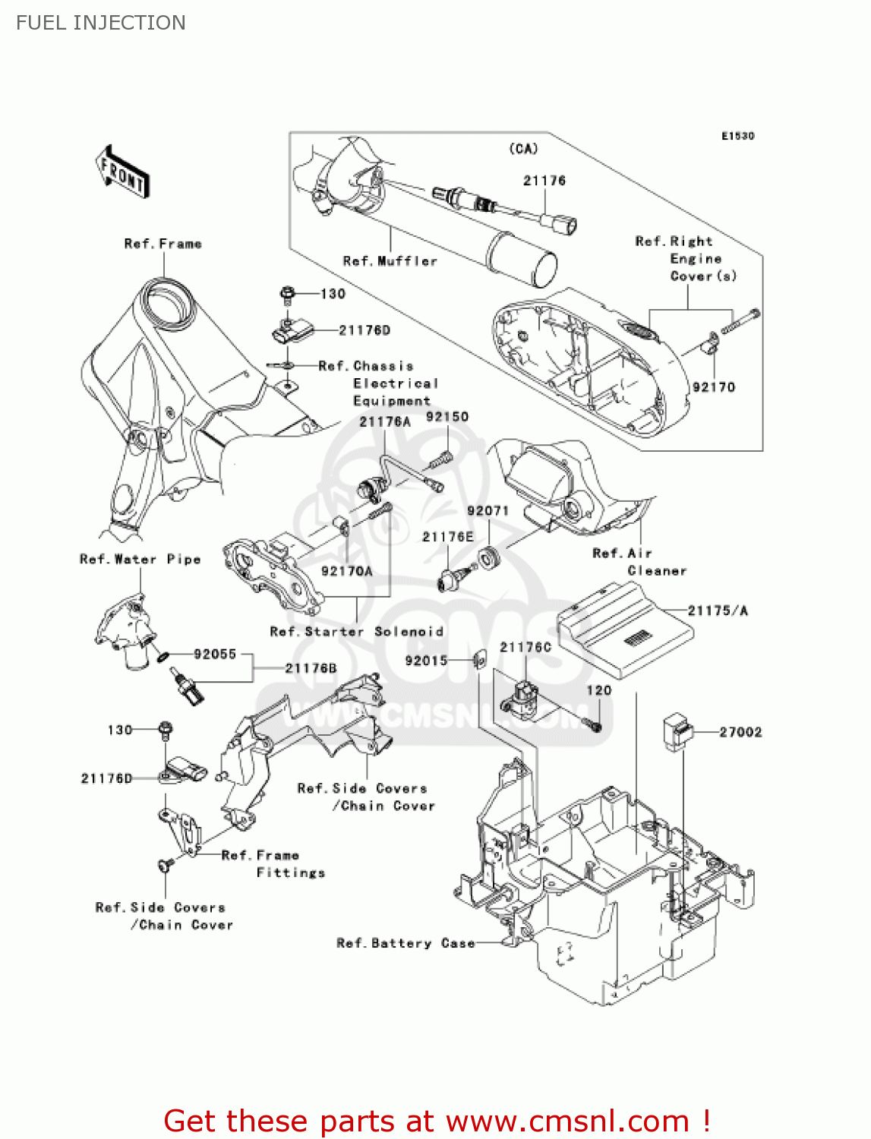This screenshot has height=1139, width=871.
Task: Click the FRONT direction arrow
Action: pyautogui.click(x=122, y=172)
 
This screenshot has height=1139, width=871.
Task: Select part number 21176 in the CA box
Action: pyautogui.click(x=544, y=181)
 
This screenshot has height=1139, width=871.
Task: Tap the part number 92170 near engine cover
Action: pyautogui.click(x=714, y=387)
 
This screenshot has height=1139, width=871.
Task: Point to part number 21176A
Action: pyautogui.click(x=385, y=422)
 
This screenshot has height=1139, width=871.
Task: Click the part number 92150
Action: pyautogui.click(x=447, y=417)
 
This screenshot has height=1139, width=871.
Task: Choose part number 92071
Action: pyautogui.click(x=488, y=511)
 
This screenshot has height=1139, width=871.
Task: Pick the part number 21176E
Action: pyautogui.click(x=447, y=537)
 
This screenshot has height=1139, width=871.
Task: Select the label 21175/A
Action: pyautogui.click(x=718, y=611)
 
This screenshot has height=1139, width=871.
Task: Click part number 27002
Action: pyautogui.click(x=740, y=732)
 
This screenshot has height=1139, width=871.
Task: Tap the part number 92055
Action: pyautogui.click(x=215, y=654)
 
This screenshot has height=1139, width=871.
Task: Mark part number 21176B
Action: pyautogui.click(x=311, y=668)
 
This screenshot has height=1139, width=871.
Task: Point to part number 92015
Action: pyautogui.click(x=426, y=661)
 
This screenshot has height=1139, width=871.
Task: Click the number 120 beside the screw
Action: pyautogui.click(x=598, y=690)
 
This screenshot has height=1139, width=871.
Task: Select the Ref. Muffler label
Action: pyautogui.click(x=390, y=261)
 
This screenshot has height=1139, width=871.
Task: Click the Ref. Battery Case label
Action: pyautogui.click(x=406, y=943)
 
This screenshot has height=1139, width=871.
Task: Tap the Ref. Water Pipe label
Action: pyautogui.click(x=140, y=560)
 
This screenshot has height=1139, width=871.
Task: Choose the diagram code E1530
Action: pyautogui.click(x=737, y=136)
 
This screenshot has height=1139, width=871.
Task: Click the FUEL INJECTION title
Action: pyautogui.click(x=101, y=23)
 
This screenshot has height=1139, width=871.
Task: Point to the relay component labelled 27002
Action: pyautogui.click(x=677, y=731)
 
